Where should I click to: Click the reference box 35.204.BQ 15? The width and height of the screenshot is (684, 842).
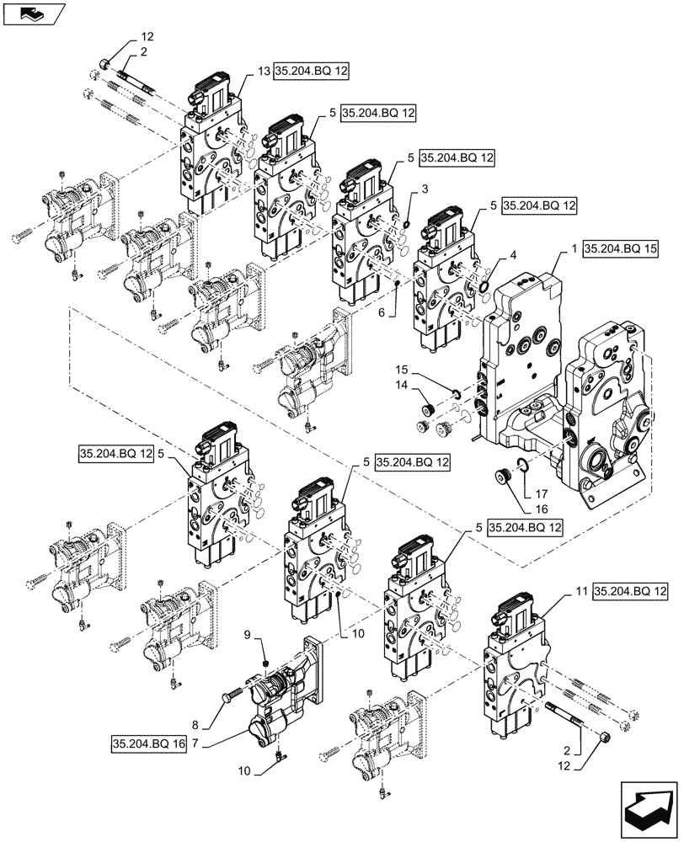tap(622, 251)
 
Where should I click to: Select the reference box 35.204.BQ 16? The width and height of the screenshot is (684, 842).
tap(147, 744)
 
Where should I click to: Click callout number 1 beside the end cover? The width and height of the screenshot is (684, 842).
tap(574, 251)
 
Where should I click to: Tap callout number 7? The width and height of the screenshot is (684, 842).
tap(195, 744)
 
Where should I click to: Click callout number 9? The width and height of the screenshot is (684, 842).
tap(247, 633)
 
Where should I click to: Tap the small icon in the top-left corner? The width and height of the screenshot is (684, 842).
tap(31, 13)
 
